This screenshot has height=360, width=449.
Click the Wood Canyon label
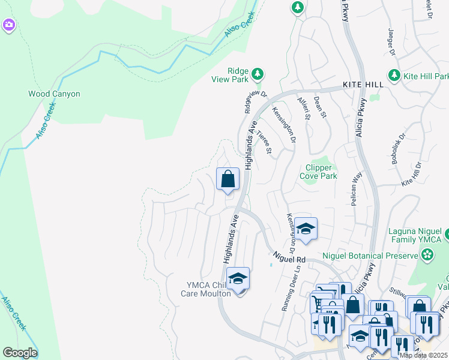point(54,94)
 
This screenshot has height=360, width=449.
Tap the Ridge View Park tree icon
point(258,74)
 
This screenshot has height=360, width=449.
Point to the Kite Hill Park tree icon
point(394,76)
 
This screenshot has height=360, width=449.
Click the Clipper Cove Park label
point(321,172)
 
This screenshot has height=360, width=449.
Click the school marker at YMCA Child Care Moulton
point(238,279)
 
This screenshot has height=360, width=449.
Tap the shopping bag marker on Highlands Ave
point(228,179)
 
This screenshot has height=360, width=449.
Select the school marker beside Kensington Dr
point(306,229)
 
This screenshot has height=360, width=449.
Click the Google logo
point(20,353)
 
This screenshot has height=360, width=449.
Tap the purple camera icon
point(9,25)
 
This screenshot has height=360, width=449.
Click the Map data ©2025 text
point(423,355)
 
